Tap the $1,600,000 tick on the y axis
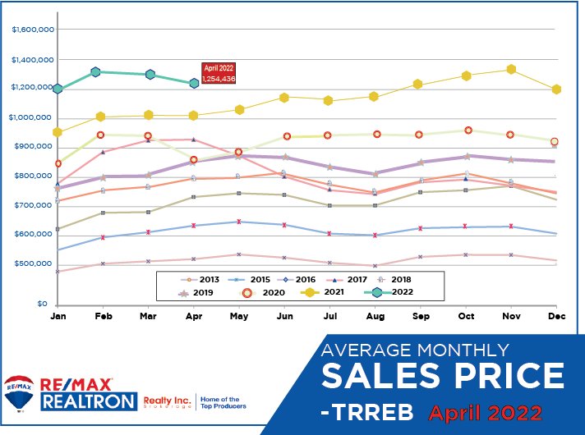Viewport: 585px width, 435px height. point(34,30)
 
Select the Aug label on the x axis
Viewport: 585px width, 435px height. point(375,315)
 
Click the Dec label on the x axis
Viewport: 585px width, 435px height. point(557,315)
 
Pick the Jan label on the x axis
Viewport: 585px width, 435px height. point(58,315)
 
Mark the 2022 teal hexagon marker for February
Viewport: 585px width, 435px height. point(95,72)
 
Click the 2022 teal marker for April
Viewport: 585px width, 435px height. point(194,83)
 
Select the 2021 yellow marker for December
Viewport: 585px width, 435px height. point(556,89)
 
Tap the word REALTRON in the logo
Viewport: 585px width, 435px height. point(92,401)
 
